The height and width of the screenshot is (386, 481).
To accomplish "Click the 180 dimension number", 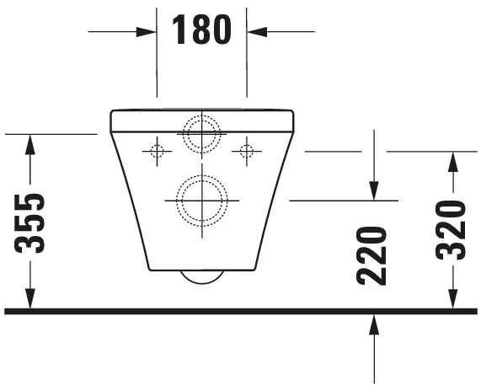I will click(x=201, y=30).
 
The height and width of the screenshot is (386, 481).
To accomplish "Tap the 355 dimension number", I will click(x=30, y=223).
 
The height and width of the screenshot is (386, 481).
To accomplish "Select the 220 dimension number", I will click(x=371, y=255).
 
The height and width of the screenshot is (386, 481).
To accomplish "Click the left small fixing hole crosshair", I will click(x=156, y=151).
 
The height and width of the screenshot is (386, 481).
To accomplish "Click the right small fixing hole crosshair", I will click(x=246, y=151).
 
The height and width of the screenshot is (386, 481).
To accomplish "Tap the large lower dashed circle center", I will click(x=201, y=201).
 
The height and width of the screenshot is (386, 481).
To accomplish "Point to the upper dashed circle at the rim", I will click(x=201, y=132).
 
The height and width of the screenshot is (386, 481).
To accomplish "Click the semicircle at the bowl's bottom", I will click(x=201, y=277).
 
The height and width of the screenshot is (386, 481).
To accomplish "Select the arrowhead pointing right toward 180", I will click(x=147, y=32).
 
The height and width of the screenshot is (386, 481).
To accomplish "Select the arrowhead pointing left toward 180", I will click(x=257, y=32).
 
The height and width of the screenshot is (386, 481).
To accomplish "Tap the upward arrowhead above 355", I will click(x=30, y=144).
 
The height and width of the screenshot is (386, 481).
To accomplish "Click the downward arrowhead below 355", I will click(x=30, y=300).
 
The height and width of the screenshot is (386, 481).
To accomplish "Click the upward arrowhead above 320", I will click(x=453, y=163).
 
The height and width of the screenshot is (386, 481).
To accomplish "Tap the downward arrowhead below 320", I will click(x=453, y=300).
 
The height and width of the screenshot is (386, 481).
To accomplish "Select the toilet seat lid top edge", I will click(x=201, y=110).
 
